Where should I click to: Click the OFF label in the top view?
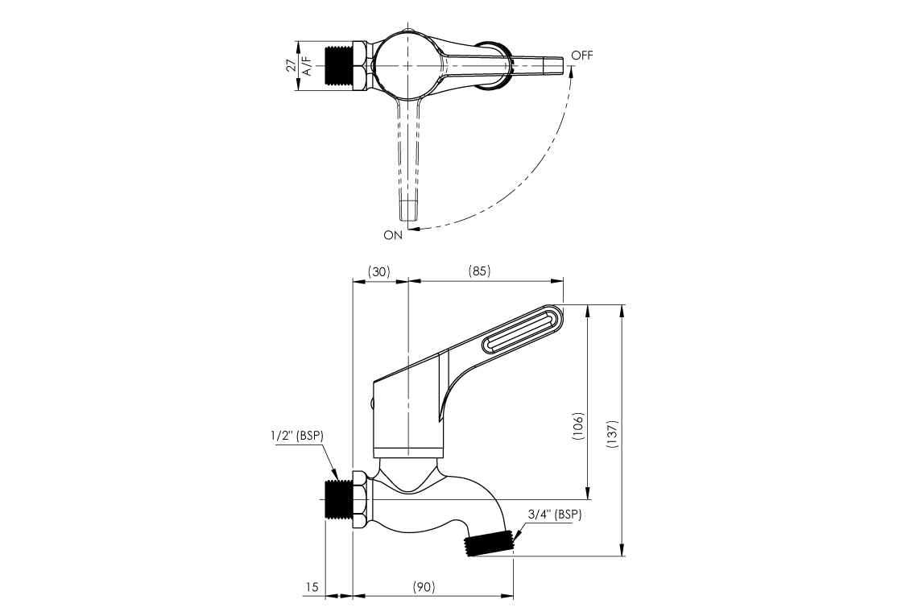click(581, 55)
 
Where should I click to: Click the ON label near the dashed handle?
click(392, 235)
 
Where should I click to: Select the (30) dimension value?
click(379, 272)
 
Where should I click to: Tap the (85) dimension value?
click(479, 272)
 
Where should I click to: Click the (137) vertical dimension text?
click(613, 435)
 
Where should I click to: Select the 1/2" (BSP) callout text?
click(297, 436)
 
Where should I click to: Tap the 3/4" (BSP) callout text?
click(555, 514)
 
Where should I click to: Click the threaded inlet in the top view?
click(339, 66)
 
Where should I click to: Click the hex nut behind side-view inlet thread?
click(360, 500)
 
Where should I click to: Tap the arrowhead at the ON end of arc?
click(412, 230)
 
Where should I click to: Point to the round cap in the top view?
click(408, 65)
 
